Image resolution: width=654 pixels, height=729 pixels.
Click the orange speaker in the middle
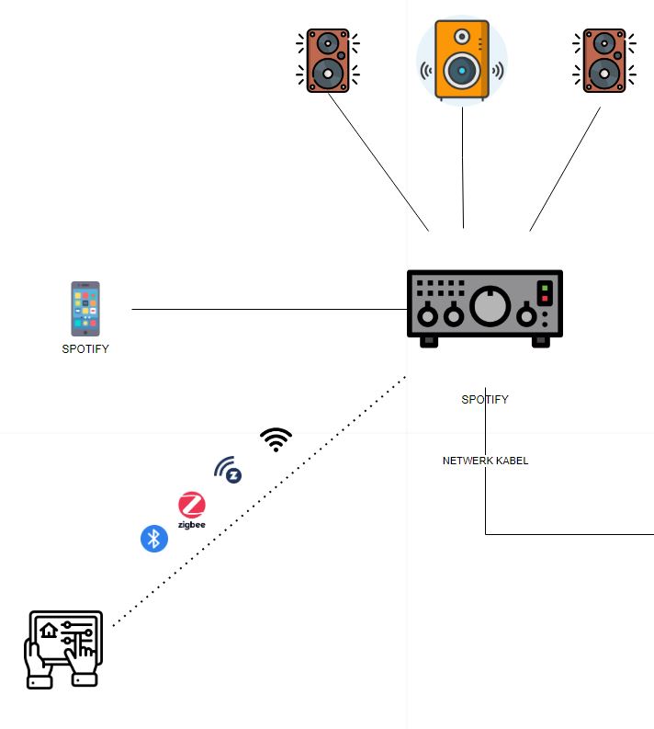462,60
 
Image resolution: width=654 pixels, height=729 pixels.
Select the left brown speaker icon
327,60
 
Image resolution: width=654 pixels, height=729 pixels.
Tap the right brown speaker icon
604,60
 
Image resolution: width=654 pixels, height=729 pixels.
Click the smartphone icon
85,309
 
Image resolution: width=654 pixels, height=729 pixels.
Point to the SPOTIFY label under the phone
85,349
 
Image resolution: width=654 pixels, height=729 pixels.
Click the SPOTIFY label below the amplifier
485,400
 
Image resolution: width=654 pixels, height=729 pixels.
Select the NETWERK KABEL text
485,461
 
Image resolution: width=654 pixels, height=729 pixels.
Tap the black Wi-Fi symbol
276,440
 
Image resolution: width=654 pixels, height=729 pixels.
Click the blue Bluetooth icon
154,539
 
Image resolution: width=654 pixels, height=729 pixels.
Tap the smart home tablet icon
63,649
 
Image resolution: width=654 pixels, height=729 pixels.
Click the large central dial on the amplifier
490,306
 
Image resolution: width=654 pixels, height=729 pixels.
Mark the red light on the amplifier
545,300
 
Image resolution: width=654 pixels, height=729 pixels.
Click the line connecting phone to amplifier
266,310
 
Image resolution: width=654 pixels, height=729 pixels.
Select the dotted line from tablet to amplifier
257,501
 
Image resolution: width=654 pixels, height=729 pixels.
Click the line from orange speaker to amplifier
463,165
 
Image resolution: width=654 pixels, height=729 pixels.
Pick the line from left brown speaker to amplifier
378,162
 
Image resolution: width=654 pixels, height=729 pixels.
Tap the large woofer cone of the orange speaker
462,71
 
